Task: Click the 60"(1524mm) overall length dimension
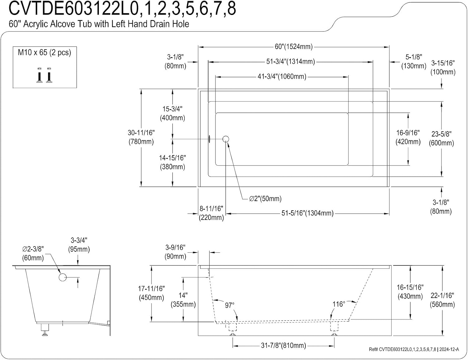point(294,46)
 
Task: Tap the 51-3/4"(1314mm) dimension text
point(290,61)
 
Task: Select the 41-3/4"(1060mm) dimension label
point(282,76)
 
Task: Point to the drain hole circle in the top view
point(226,139)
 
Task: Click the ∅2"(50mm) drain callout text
point(265,198)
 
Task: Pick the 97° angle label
point(230,305)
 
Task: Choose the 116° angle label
point(339,304)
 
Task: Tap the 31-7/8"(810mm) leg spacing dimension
point(283,345)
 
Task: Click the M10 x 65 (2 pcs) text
point(44,52)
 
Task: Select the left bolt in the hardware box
point(39,75)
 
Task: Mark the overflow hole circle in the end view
point(62,277)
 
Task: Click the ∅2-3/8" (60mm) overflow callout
point(33,253)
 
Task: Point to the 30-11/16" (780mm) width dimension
point(141,137)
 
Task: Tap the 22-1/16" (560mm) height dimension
point(442,300)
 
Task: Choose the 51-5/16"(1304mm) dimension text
point(308,213)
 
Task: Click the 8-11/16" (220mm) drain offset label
point(211,213)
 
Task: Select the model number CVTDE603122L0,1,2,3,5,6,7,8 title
point(122,9)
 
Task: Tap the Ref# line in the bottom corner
point(414,349)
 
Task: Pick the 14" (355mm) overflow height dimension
point(183,300)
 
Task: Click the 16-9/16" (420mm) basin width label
point(408,137)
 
